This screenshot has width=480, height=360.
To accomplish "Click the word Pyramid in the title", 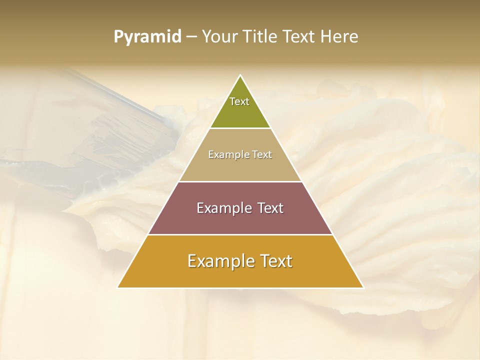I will click(147, 37).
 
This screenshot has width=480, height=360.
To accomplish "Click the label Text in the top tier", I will click(239, 101).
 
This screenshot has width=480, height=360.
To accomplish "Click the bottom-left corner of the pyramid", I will click(118, 287).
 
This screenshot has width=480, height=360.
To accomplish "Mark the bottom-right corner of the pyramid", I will click(363, 287).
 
